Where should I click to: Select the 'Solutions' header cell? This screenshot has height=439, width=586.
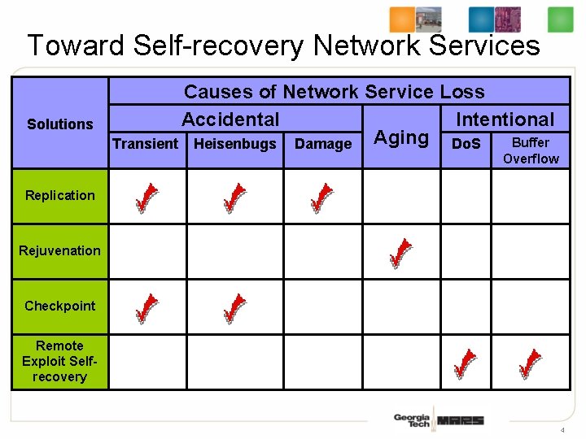click(x=59, y=124)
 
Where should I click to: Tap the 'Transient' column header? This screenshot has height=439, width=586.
click(x=145, y=145)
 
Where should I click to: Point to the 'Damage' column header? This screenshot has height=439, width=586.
click(x=323, y=145)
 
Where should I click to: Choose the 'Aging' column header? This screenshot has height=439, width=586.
click(x=400, y=137)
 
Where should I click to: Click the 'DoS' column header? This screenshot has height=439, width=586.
click(x=466, y=145)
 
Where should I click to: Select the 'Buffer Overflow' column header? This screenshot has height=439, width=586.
click(x=531, y=150)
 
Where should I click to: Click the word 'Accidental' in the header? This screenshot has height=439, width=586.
click(x=230, y=120)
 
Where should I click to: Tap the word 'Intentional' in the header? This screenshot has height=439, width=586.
click(x=505, y=120)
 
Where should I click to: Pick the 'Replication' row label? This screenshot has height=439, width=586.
click(x=59, y=195)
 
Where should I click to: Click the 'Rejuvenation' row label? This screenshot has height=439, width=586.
click(x=59, y=250)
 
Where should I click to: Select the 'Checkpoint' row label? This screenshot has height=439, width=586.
click(x=59, y=306)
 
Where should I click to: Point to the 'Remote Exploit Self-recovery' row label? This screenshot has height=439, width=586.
click(x=59, y=361)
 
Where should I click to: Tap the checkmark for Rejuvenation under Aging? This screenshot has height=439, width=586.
click(x=400, y=253)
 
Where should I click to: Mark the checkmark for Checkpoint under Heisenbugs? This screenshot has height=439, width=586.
click(x=234, y=308)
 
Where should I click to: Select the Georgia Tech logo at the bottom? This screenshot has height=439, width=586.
click(x=411, y=420)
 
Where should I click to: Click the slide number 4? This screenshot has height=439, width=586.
click(x=562, y=428)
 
